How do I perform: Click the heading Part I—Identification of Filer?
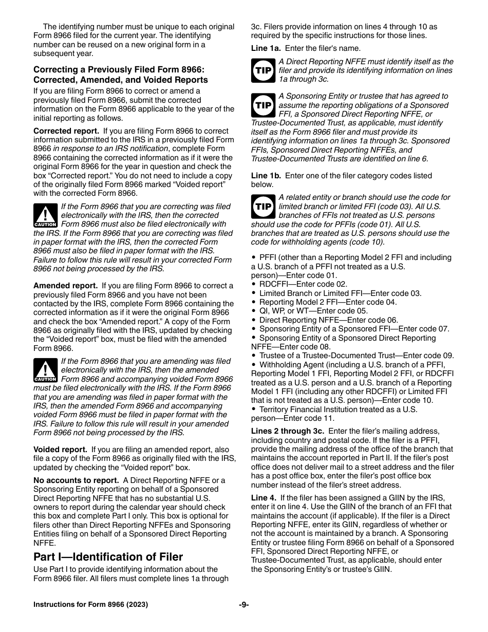click(108, 557)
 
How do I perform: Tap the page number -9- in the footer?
click(244, 605)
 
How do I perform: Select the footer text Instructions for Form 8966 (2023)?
click(90, 605)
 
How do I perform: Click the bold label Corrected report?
click(66, 131)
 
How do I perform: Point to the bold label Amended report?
click(65, 286)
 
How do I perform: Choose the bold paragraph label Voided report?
click(60, 450)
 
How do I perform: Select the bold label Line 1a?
click(266, 48)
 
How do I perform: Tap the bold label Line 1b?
click(266, 176)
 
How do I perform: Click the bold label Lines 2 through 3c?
click(287, 431)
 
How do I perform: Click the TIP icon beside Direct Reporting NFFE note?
click(263, 70)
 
